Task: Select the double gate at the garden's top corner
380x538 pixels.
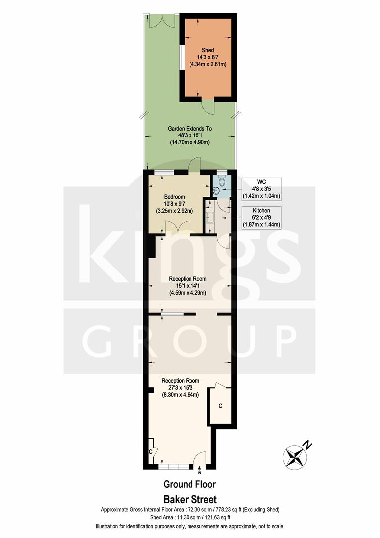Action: (x=161, y=21)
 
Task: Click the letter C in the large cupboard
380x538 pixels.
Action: (x=220, y=406)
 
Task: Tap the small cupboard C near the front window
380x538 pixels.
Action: (x=150, y=451)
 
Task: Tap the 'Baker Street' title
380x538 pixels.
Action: (x=190, y=499)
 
